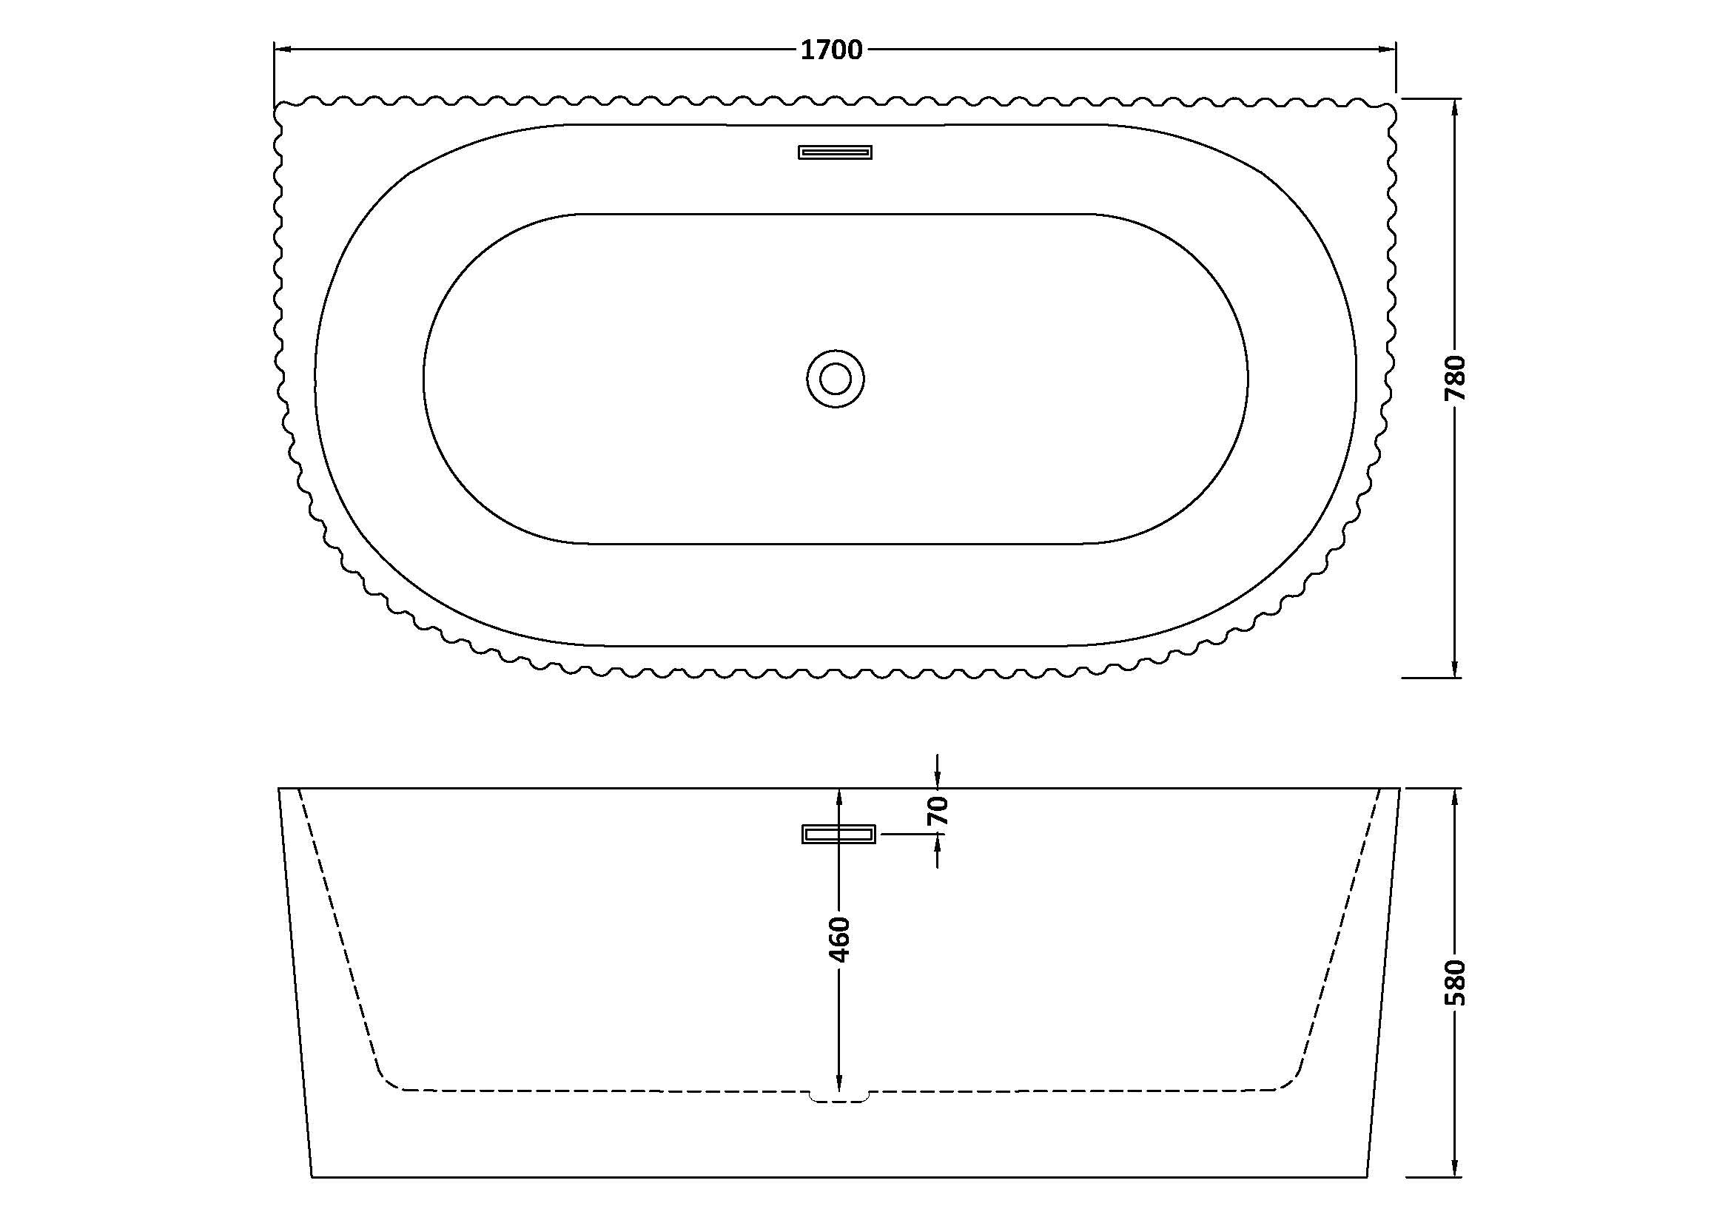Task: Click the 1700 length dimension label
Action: (x=831, y=50)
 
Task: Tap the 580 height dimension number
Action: (x=1455, y=982)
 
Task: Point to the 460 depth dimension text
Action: (x=839, y=940)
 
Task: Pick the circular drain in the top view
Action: (x=836, y=378)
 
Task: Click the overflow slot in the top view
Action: (x=836, y=152)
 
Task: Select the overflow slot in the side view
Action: (x=838, y=834)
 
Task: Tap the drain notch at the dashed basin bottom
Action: (x=838, y=1096)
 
